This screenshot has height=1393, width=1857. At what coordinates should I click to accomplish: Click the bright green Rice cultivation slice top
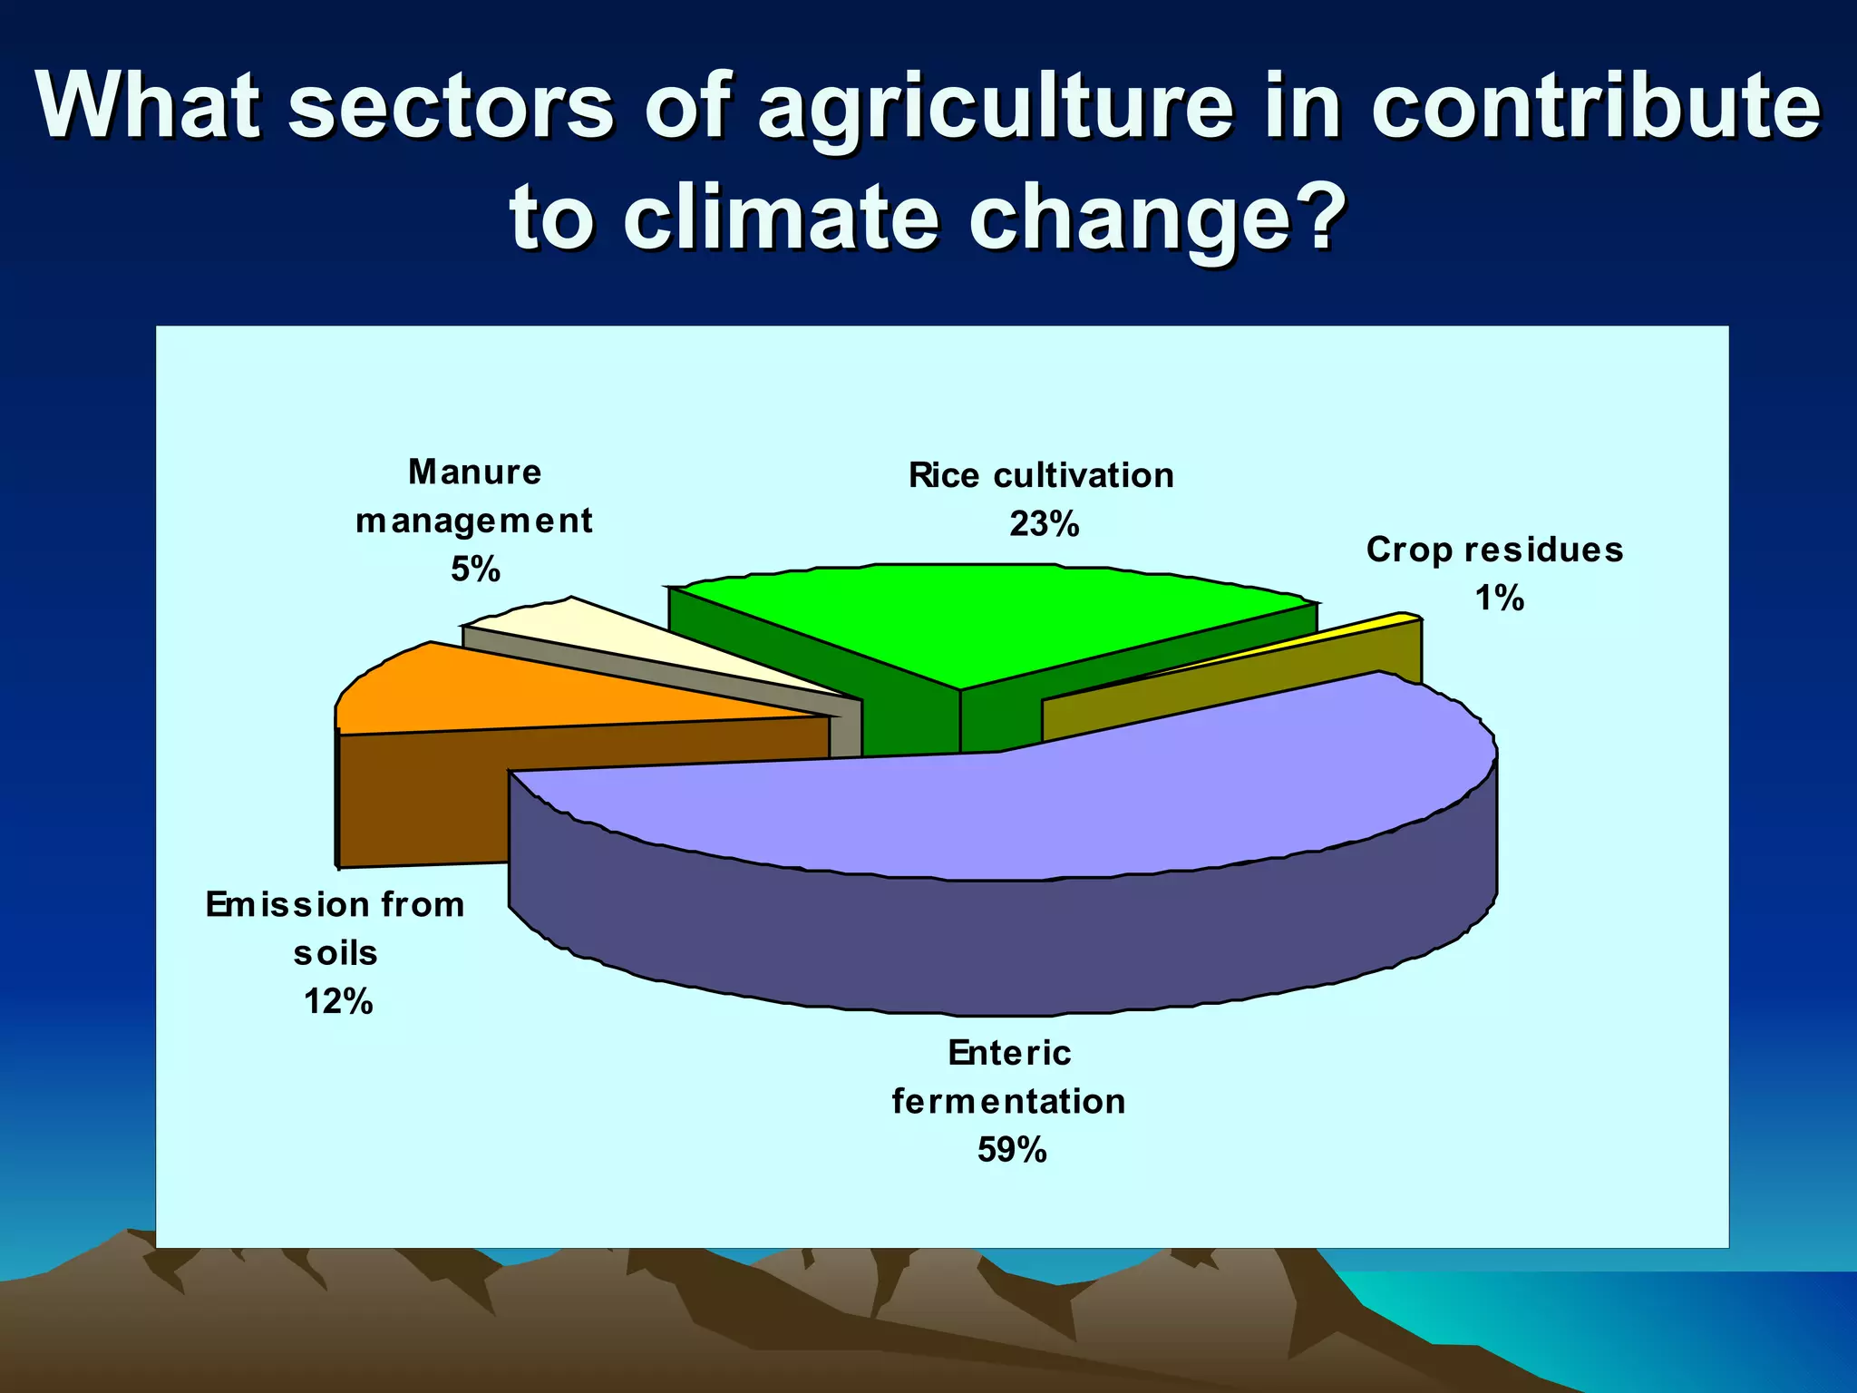988,617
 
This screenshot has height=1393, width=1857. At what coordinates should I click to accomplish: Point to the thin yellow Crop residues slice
1396,619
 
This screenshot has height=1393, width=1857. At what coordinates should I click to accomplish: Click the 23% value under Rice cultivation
1044,524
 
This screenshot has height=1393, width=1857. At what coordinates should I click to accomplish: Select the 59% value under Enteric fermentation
1012,1150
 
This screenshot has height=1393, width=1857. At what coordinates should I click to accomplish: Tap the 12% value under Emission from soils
337,1001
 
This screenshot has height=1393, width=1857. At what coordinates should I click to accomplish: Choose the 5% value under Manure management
475,570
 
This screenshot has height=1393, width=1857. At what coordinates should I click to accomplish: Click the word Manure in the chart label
474,472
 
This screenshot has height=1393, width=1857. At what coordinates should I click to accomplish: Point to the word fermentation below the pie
1008,1101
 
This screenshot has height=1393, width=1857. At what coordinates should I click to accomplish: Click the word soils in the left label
335,953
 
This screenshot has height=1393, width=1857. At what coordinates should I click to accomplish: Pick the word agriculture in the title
995,109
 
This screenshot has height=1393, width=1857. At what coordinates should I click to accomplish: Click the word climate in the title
781,218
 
